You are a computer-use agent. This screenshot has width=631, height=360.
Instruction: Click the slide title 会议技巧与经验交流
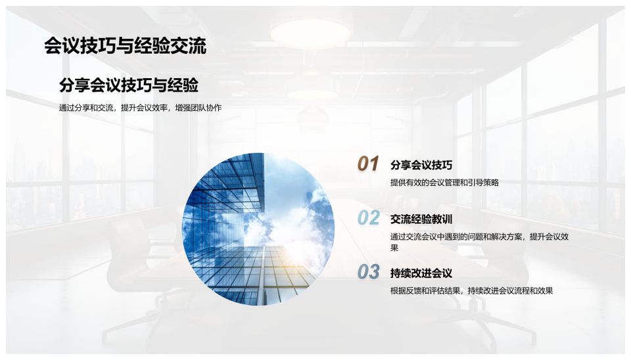(125, 45)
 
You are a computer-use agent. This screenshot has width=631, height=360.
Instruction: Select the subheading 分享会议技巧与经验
(129, 85)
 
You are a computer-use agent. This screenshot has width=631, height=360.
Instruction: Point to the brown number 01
(368, 164)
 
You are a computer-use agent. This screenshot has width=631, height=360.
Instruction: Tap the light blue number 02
(368, 217)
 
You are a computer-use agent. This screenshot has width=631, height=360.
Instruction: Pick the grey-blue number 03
(368, 271)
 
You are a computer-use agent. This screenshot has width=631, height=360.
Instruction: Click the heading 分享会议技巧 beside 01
(421, 165)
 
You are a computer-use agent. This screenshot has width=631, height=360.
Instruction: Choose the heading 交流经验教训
(421, 219)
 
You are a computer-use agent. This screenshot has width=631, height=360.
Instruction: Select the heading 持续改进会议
(421, 273)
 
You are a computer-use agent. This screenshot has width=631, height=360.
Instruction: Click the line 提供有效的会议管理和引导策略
(445, 183)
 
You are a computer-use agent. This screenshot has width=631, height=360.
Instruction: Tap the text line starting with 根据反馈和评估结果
(472, 291)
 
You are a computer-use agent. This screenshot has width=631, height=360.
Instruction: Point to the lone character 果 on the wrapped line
(394, 248)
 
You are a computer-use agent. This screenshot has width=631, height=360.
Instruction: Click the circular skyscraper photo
(258, 229)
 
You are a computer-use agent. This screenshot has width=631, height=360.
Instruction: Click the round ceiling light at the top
(310, 32)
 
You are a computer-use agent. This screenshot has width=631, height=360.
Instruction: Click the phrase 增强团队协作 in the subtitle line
(199, 108)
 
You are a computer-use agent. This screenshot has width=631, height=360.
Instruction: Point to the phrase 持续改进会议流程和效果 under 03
(510, 291)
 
